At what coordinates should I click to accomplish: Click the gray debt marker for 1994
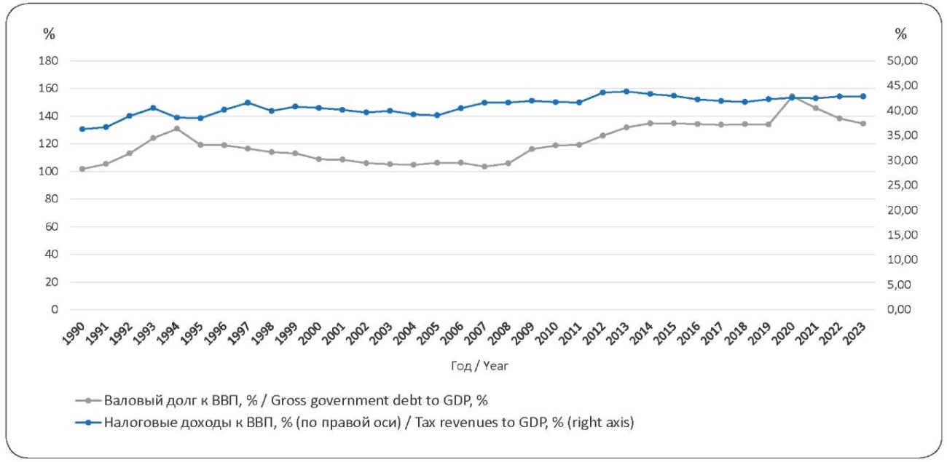pyautogui.click(x=176, y=129)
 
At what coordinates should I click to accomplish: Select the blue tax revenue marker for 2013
pyautogui.click(x=626, y=92)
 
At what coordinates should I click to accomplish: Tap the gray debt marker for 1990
pyautogui.click(x=82, y=169)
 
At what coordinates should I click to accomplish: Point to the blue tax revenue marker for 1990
pyautogui.click(x=82, y=129)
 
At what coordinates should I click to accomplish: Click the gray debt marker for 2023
pyautogui.click(x=862, y=124)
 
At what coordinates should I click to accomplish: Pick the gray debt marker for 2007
pyautogui.click(x=484, y=167)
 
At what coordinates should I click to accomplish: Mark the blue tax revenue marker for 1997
pyautogui.click(x=248, y=103)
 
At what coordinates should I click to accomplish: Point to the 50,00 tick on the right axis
pyautogui.click(x=902, y=61)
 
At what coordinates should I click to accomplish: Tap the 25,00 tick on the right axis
pyautogui.click(x=902, y=185)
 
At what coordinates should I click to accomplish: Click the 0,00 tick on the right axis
pyautogui.click(x=902, y=309)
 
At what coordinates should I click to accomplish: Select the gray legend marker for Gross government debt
pyautogui.click(x=88, y=399)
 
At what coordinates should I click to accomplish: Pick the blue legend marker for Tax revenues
pyautogui.click(x=88, y=423)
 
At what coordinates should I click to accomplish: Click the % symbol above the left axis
pyautogui.click(x=49, y=33)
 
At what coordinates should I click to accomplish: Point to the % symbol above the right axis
pyautogui.click(x=901, y=33)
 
